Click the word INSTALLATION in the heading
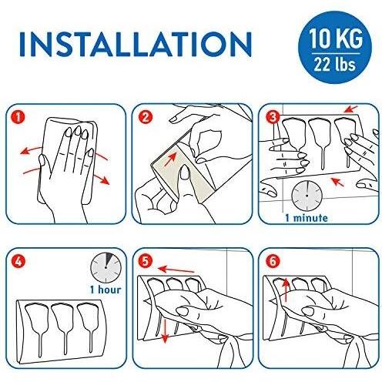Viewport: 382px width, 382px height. (x=136, y=44)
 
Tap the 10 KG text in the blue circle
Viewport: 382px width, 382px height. (x=335, y=39)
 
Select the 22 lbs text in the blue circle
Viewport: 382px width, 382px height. (x=335, y=64)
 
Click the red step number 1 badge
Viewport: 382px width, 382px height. (x=18, y=117)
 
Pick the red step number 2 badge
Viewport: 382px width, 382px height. (x=146, y=117)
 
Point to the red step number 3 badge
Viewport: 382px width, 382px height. (x=273, y=117)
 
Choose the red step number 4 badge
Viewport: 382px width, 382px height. (x=18, y=261)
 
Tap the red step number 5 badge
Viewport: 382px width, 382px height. (x=145, y=261)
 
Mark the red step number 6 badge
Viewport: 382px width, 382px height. (x=273, y=261)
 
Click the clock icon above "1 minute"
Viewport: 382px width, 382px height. (x=307, y=196)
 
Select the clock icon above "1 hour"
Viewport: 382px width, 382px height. (x=106, y=268)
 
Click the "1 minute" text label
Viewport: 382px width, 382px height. (x=307, y=218)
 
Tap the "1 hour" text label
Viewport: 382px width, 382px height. (x=106, y=290)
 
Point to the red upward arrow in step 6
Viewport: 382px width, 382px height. (x=286, y=290)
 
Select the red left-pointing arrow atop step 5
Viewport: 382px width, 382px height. (x=176, y=270)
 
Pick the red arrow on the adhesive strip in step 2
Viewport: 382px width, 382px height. (x=171, y=159)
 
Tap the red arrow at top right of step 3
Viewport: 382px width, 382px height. (x=350, y=109)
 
